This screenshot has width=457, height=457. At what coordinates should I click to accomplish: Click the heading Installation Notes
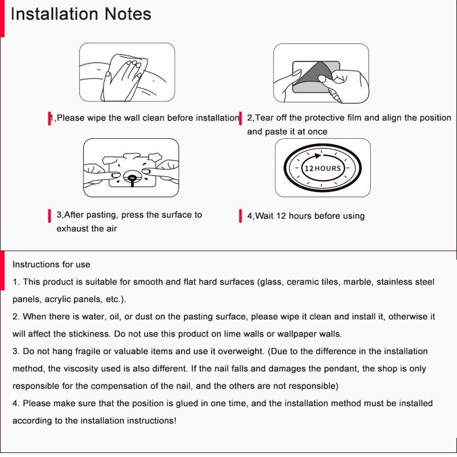click(81, 14)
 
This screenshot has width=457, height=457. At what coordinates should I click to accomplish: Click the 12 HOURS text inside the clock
click(322, 169)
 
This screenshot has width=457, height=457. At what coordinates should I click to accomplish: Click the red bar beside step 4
click(240, 215)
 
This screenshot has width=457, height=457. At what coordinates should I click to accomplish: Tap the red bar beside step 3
click(50, 216)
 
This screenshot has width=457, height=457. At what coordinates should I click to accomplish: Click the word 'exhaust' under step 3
click(71, 228)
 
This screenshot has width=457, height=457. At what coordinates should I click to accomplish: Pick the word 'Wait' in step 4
click(264, 216)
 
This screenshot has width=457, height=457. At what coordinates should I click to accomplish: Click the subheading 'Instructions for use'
click(51, 264)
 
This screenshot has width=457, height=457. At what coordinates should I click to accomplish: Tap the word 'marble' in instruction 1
click(358, 282)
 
